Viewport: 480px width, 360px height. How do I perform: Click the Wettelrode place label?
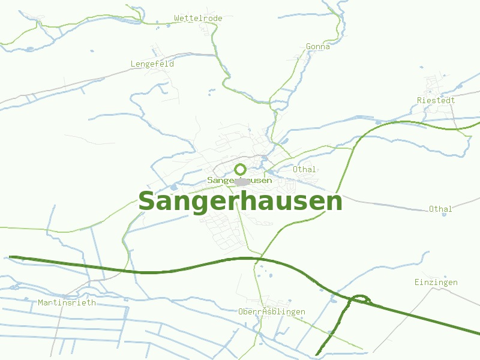pyautogui.click(x=198, y=19)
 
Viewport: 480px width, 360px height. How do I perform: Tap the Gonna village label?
pyautogui.click(x=317, y=46)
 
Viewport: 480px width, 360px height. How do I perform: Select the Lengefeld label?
pyautogui.click(x=152, y=64)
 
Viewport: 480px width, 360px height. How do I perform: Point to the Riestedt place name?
pyautogui.click(x=436, y=100)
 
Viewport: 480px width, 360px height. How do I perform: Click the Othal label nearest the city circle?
pyautogui.click(x=304, y=170)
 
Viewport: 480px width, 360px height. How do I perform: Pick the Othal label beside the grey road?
pyautogui.click(x=440, y=209)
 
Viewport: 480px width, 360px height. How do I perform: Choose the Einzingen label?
pyautogui.click(x=436, y=282)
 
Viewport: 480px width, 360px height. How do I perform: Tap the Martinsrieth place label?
pyautogui.click(x=67, y=302)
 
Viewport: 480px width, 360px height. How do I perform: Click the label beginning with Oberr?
pyautogui.click(x=271, y=312)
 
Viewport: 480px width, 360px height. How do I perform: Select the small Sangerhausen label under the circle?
pyautogui.click(x=239, y=180)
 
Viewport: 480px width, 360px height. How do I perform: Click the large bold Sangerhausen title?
pyautogui.click(x=240, y=202)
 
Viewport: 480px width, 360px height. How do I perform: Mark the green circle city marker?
pyautogui.click(x=241, y=169)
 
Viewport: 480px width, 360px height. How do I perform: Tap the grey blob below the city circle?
pyautogui.click(x=242, y=182)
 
